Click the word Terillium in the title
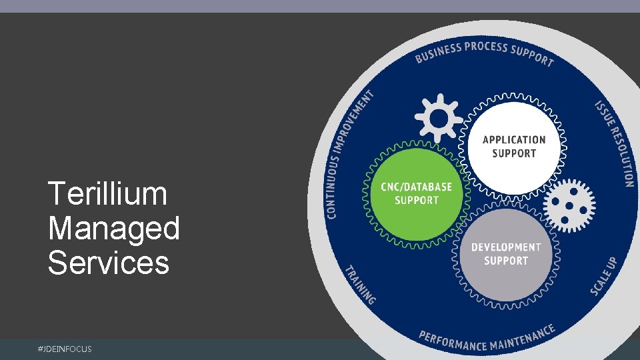click(x=107, y=194)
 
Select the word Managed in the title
click(x=114, y=229)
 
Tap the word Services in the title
click(x=109, y=263)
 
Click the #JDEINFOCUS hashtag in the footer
click(x=65, y=349)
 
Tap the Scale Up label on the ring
click(x=604, y=277)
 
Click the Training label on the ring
click(x=359, y=285)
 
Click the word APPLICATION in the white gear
click(x=513, y=140)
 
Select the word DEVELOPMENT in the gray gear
click(x=506, y=247)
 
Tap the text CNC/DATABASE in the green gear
click(x=416, y=187)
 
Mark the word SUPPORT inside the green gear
click(x=416, y=200)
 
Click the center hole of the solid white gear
click(x=439, y=119)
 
